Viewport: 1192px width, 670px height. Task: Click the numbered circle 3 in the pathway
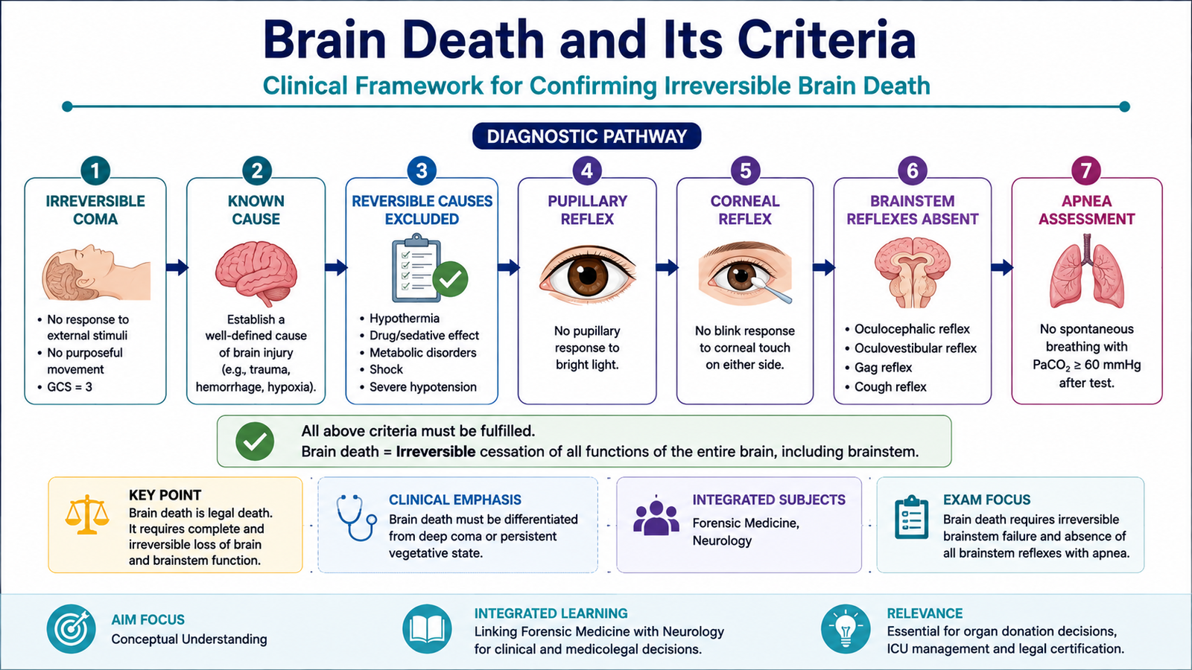(422, 170)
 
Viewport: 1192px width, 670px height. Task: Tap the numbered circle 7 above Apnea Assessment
(1085, 170)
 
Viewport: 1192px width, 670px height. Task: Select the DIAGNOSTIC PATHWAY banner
(586, 136)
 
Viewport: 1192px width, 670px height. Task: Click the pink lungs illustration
(1087, 272)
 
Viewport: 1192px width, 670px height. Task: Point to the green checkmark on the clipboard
(450, 278)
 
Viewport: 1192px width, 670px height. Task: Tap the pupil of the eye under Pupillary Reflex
(588, 275)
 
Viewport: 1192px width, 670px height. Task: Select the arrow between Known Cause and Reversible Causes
(336, 267)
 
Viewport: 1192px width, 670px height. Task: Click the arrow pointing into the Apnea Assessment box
(1001, 267)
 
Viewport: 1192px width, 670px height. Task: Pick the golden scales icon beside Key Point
(86, 514)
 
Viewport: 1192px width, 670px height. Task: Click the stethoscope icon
(356, 517)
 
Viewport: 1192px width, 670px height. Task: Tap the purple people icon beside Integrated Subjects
(656, 517)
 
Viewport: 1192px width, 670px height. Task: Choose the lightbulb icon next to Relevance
(846, 629)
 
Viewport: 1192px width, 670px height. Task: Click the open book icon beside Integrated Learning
(427, 629)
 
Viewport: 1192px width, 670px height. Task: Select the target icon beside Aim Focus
(71, 629)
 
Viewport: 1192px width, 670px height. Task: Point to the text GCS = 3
(69, 386)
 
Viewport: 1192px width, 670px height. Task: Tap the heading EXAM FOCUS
(986, 500)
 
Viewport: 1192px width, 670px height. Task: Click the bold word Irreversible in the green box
(435, 451)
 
